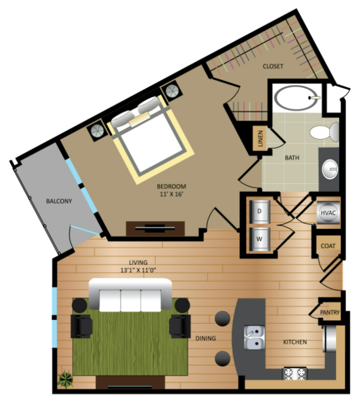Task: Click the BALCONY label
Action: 59,201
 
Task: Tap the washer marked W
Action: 260,239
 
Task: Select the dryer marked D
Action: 260,212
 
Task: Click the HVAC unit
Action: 328,213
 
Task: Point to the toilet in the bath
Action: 325,132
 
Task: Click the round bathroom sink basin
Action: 330,169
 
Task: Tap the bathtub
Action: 296,98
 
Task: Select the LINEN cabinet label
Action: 260,138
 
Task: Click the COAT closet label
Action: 328,246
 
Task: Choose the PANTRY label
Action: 330,312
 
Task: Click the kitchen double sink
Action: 255,338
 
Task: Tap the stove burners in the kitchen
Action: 295,374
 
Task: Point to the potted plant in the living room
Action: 66,379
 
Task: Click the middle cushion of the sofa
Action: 131,301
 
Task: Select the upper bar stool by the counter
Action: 222,319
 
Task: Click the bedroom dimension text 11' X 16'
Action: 171,194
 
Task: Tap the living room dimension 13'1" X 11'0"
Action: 138,270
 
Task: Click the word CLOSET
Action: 273,66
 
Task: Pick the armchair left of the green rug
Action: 81,326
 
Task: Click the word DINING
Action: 206,338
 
